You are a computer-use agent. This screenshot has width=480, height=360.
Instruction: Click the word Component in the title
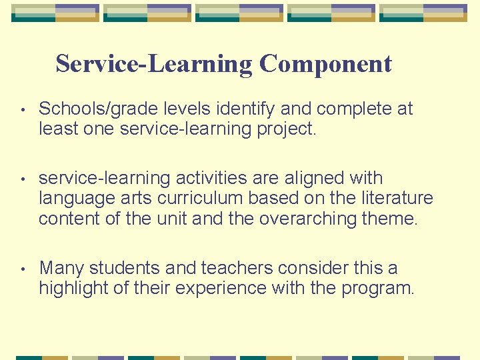[x=325, y=64]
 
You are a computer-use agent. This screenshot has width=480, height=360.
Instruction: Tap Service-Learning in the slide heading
[x=154, y=64]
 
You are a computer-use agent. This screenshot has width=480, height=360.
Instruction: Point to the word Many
[x=61, y=268]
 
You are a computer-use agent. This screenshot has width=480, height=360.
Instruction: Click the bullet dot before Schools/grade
[x=23, y=109]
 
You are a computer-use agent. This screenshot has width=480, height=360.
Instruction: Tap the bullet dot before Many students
[x=23, y=269]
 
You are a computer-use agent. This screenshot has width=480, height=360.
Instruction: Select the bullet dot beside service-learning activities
[x=23, y=179]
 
